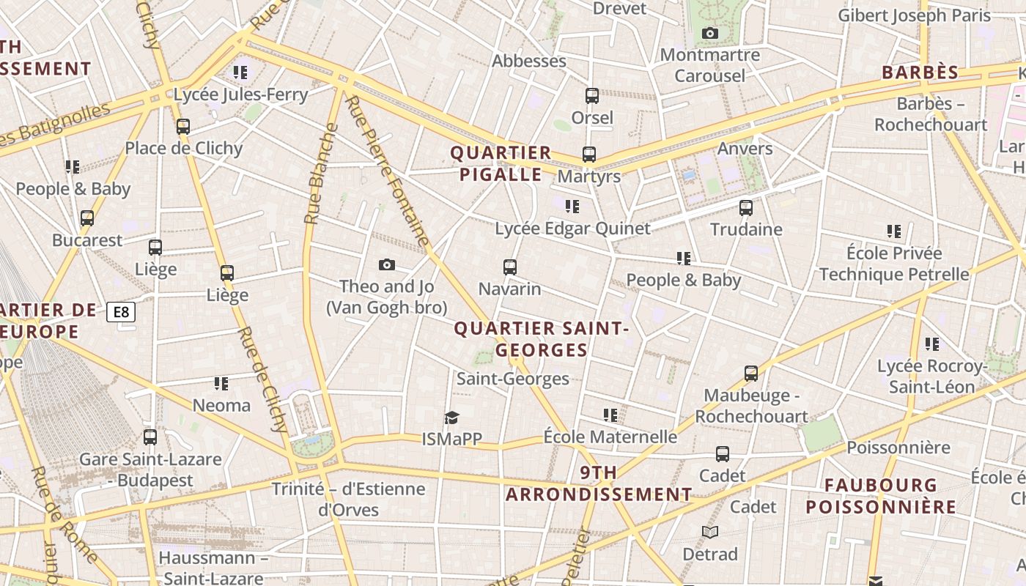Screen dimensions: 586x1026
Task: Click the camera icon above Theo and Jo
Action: [x=387, y=264]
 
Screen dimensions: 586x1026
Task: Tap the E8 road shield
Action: [x=121, y=312]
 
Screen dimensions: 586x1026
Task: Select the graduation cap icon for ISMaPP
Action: [x=451, y=418]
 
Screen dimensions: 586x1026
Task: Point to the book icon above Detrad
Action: [x=709, y=532]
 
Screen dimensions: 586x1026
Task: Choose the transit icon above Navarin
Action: [x=510, y=267]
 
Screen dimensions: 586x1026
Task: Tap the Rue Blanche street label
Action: [x=321, y=174]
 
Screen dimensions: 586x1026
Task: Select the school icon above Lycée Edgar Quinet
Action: [x=572, y=207]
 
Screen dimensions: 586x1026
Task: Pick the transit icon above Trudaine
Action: [x=746, y=208]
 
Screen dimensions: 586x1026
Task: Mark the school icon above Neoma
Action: [x=221, y=383]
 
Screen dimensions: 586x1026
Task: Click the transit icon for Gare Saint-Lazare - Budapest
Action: [x=150, y=437]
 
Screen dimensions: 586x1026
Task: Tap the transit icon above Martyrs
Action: [x=589, y=155]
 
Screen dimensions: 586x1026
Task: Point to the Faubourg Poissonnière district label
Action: [x=881, y=496]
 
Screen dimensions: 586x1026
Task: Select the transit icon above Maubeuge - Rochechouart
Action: [x=751, y=374]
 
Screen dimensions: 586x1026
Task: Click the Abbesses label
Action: [x=529, y=61]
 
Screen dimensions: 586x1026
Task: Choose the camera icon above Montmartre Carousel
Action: [x=709, y=33]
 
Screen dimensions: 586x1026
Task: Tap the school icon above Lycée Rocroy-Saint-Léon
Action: [x=932, y=344]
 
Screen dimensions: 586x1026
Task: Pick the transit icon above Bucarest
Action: [x=87, y=218]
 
